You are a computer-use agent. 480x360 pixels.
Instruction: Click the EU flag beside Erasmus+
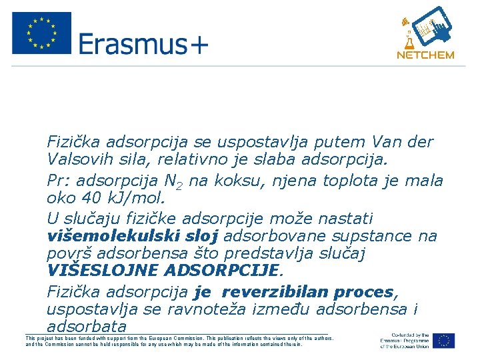(x=41, y=33)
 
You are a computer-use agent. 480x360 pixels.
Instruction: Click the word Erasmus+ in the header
(x=143, y=45)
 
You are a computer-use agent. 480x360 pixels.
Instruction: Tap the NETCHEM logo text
(x=425, y=55)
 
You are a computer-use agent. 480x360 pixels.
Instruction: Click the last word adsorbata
(x=86, y=327)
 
